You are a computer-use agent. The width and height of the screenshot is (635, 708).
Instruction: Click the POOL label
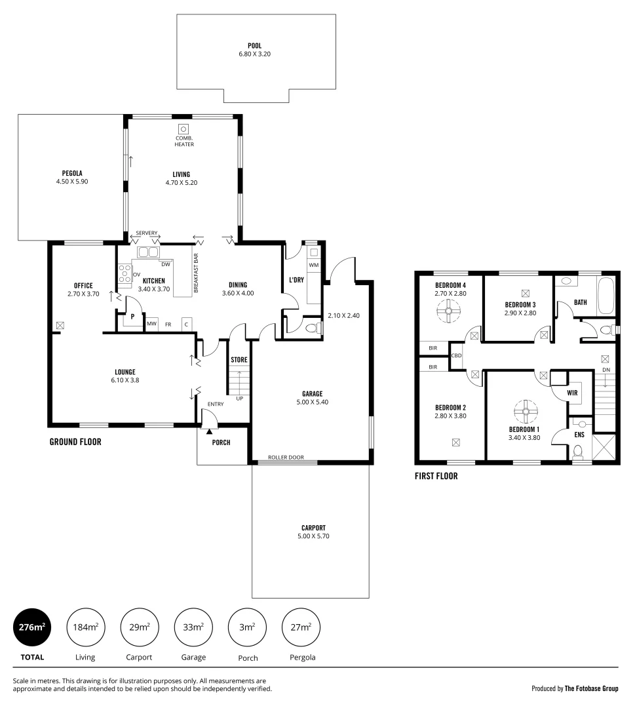(x=255, y=46)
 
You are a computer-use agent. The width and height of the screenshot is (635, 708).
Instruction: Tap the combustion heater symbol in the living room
(x=184, y=129)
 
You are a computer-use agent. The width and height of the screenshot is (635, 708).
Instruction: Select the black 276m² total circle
(x=32, y=627)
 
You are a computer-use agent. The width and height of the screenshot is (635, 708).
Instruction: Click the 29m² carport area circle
(x=139, y=627)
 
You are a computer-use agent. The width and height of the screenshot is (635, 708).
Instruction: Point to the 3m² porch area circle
(x=247, y=627)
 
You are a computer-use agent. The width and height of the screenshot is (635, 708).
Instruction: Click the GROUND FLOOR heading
(x=75, y=442)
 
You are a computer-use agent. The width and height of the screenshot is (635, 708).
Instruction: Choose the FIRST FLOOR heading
(x=436, y=477)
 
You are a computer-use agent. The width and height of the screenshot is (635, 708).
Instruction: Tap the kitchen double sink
(x=147, y=252)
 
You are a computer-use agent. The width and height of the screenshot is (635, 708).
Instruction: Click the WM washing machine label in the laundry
(x=313, y=265)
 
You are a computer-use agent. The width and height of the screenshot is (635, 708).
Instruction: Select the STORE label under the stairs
(x=239, y=360)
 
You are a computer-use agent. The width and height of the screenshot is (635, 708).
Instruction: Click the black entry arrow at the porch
(x=209, y=431)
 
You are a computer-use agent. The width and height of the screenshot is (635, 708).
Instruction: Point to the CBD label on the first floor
(x=457, y=357)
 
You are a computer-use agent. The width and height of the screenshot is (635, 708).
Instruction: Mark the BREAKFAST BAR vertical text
(x=195, y=273)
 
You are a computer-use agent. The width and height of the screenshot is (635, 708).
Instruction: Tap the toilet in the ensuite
(x=577, y=452)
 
